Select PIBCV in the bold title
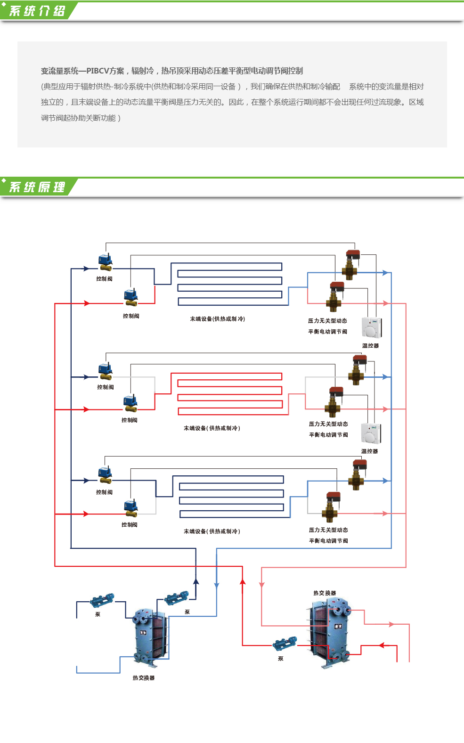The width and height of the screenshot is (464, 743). click(x=98, y=71)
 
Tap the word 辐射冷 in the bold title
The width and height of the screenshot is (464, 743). click(x=143, y=71)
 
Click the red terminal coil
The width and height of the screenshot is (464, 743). click(x=229, y=393)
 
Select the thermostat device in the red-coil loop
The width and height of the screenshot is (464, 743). click(x=371, y=433)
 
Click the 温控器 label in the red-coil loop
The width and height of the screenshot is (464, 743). click(x=369, y=451)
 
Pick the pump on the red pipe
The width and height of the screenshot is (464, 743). click(x=285, y=644)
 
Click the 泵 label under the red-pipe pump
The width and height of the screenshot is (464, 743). click(x=281, y=659)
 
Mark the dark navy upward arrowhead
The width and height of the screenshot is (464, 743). click(x=196, y=582)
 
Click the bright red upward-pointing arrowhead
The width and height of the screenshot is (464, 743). click(x=243, y=582)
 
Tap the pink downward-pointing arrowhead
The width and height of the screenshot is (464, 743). click(x=261, y=585)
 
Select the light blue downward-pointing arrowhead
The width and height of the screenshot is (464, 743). click(x=217, y=586)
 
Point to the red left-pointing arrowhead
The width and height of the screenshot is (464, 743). click(x=382, y=645)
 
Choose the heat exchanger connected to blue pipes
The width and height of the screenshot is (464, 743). click(x=151, y=637)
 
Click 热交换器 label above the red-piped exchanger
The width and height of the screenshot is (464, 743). click(x=325, y=593)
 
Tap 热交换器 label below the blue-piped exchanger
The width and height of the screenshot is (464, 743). click(x=144, y=678)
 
